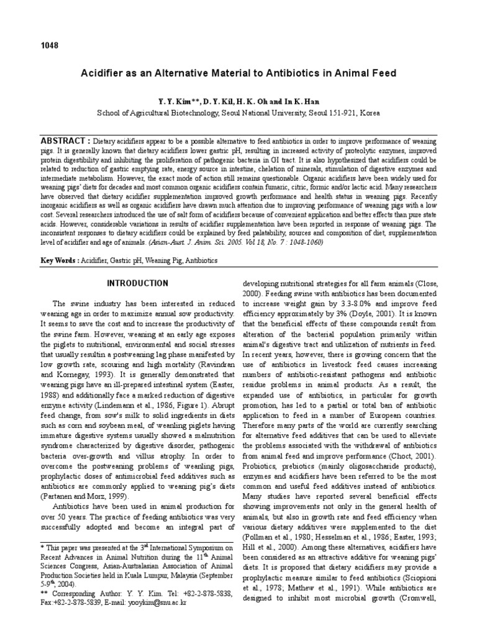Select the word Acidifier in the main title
[103, 73]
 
